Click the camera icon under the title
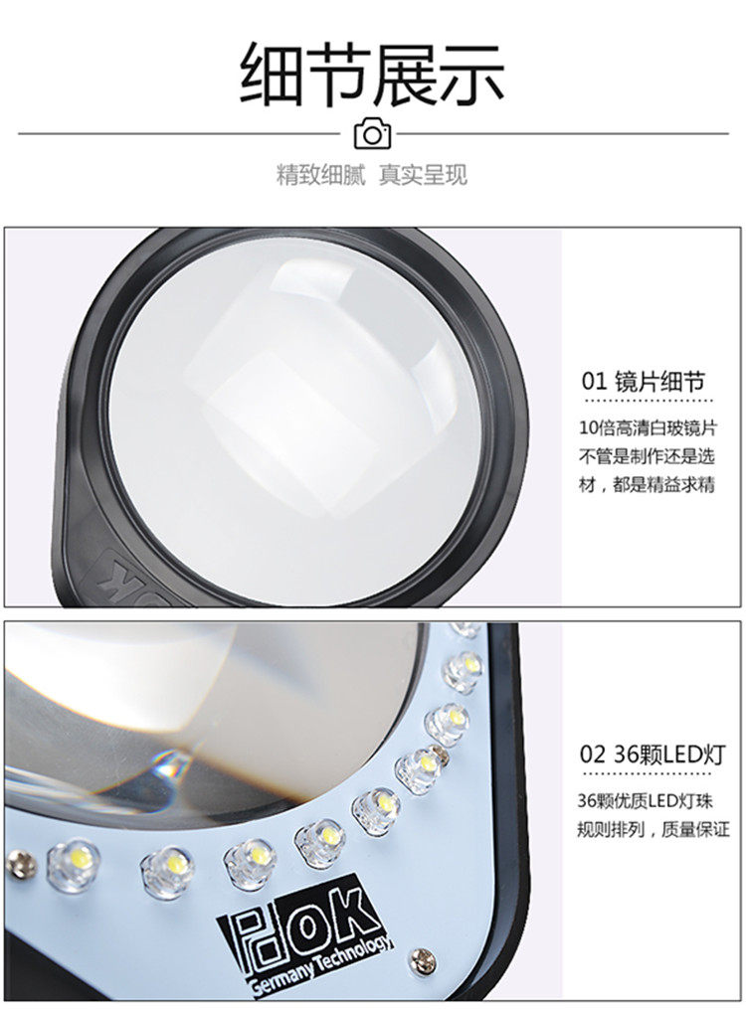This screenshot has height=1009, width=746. tap(373, 134)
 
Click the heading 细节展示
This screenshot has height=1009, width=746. tap(373, 75)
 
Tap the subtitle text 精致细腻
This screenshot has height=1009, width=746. tap(320, 174)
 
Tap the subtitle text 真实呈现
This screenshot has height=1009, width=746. tap(423, 174)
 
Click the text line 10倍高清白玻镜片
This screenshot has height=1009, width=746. tap(647, 427)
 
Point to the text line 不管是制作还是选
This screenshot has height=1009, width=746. tap(647, 456)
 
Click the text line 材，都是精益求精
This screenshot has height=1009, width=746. tap(647, 484)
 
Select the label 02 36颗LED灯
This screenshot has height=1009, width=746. tap(653, 754)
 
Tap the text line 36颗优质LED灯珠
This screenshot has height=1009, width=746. tap(645, 800)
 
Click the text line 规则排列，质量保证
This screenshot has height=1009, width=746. tap(653, 829)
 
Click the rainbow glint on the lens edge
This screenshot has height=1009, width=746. tap(169, 765)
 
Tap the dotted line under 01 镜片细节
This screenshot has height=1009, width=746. tap(648, 402)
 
